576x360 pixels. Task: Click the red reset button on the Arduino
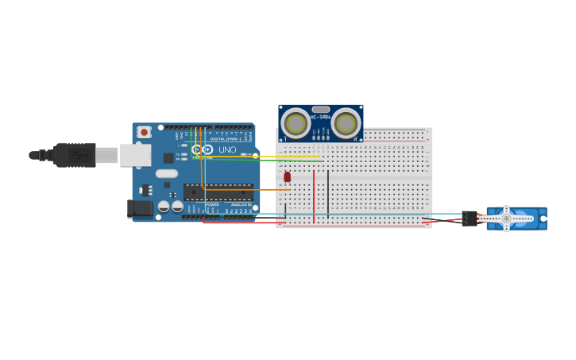(144, 132)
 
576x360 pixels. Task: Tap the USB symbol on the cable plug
(80, 155)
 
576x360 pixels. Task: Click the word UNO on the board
(227, 149)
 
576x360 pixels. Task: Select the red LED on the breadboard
(288, 176)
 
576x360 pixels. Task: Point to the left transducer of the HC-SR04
(296, 123)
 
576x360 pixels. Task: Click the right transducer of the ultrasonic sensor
(346, 123)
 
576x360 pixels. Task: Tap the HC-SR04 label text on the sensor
(321, 118)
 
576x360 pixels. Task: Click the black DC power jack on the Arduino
(140, 208)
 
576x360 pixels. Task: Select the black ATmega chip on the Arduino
(218, 192)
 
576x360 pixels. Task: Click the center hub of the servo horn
(506, 219)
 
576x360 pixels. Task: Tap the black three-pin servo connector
(470, 218)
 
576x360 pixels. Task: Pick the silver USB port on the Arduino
(135, 155)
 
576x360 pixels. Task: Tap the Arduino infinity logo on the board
(202, 149)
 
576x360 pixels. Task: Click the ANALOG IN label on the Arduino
(241, 205)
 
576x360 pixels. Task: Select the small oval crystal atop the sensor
(321, 110)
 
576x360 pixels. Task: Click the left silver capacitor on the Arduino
(164, 207)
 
